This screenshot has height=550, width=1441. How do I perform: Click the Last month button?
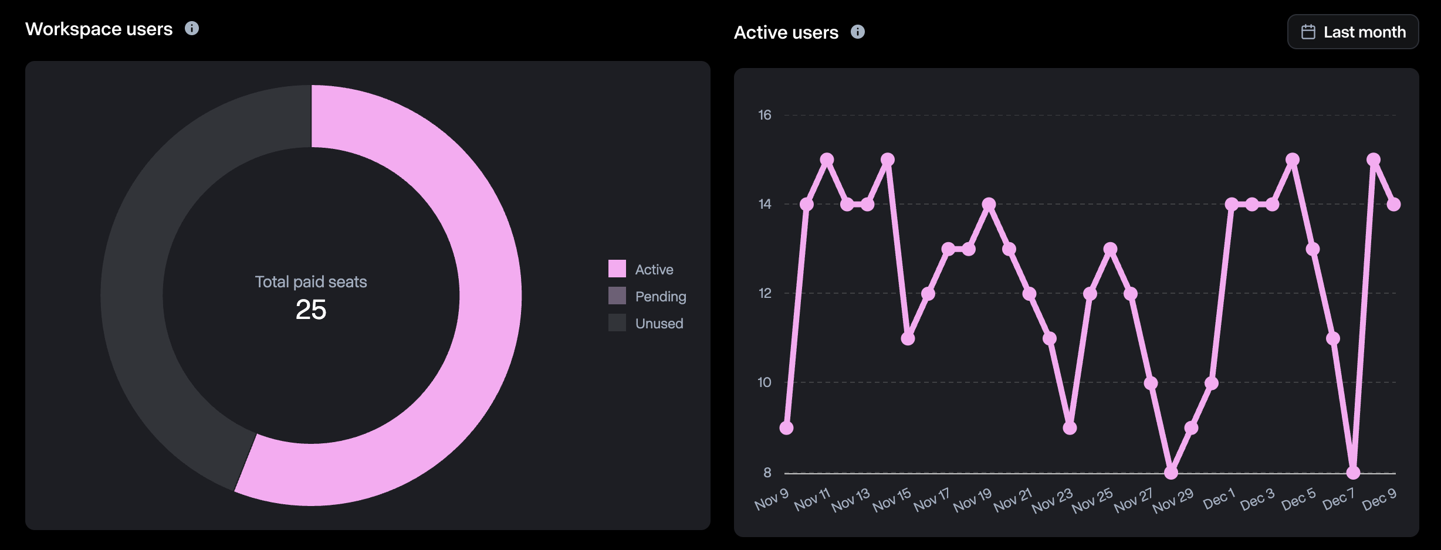pyautogui.click(x=1352, y=32)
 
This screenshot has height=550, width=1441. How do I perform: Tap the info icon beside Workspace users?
pyautogui.click(x=192, y=28)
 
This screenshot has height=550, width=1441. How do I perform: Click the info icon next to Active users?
pyautogui.click(x=857, y=32)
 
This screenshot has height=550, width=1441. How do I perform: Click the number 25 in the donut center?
pyautogui.click(x=311, y=310)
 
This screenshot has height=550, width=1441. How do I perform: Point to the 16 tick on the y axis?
pyautogui.click(x=765, y=115)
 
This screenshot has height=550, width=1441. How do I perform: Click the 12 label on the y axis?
pyautogui.click(x=765, y=293)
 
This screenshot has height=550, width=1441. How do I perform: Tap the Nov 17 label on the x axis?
pyautogui.click(x=932, y=500)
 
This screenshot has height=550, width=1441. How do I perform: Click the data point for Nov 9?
pyautogui.click(x=786, y=428)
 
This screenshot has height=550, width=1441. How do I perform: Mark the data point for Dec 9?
pyautogui.click(x=1393, y=204)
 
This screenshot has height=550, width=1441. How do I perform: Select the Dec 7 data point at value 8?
pyautogui.click(x=1353, y=472)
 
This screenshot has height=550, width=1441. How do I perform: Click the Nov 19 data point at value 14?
pyautogui.click(x=989, y=204)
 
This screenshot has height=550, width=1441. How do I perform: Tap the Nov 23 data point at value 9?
pyautogui.click(x=1070, y=428)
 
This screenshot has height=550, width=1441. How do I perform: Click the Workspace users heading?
pyautogui.click(x=99, y=29)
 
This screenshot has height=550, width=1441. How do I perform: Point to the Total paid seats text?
pyautogui.click(x=311, y=282)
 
